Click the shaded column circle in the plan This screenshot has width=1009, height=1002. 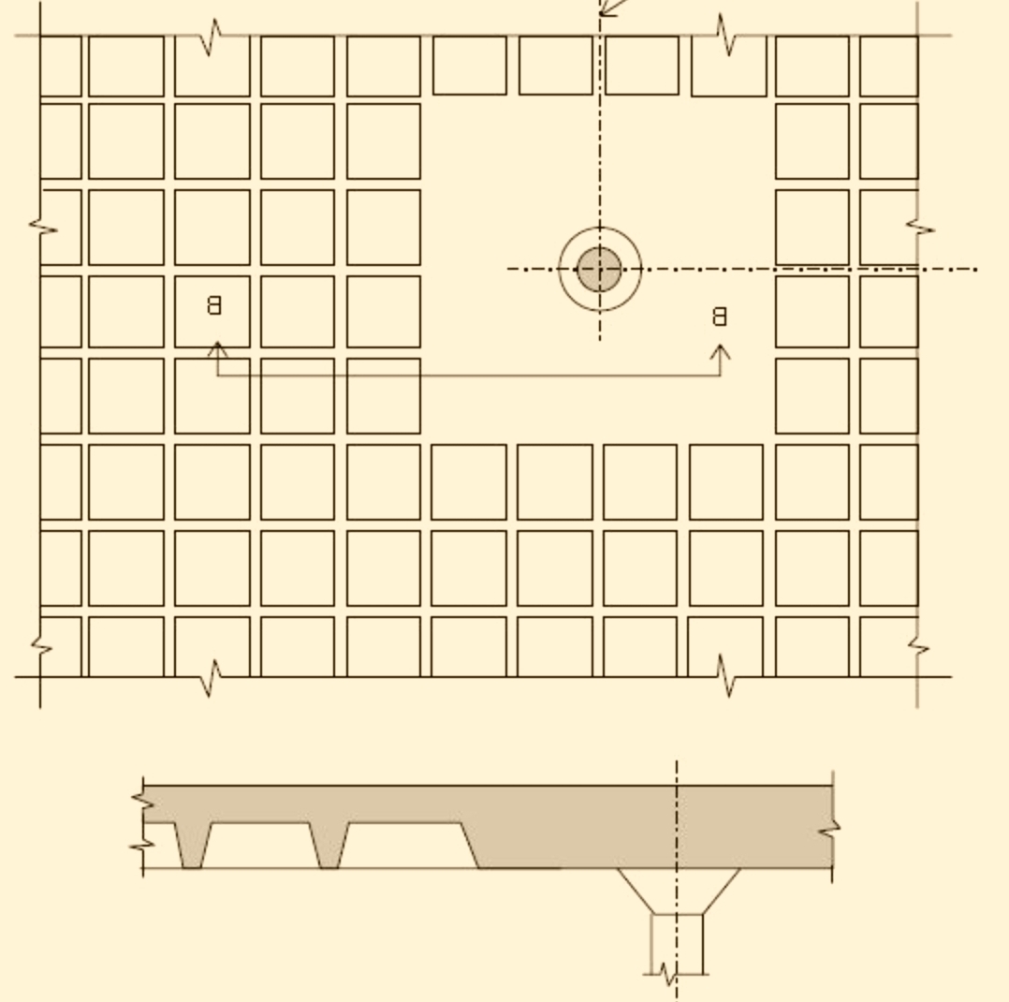pos(600,269)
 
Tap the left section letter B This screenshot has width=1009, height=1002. pos(214,305)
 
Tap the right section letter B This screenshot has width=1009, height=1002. pos(720,317)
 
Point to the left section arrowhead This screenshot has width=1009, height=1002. pos(217,349)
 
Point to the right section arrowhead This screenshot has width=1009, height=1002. pos(720,352)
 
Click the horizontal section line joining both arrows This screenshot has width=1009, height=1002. pos(469,376)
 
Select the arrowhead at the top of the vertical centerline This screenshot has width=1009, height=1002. pos(608,7)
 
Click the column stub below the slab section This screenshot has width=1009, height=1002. pos(677,943)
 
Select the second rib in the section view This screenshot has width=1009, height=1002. pos(329,845)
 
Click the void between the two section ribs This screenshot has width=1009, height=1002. pos(260,845)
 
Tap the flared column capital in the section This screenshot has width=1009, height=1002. pos(679,891)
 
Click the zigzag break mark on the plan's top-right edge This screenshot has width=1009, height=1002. pos(725,35)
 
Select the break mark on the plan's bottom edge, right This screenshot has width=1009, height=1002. pos(725,675)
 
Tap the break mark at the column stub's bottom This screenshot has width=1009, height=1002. pos(669,974)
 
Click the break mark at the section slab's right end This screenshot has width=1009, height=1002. pos(830,830)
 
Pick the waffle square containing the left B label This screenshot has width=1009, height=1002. pos(212,312)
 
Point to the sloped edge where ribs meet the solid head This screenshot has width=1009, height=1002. pos(470,845)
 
